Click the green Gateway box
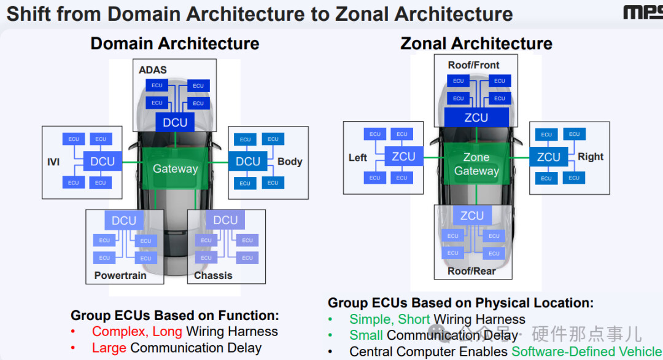click(x=176, y=168)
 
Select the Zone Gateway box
click(x=476, y=164)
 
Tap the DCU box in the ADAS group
click(x=175, y=123)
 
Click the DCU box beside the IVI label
click(x=103, y=162)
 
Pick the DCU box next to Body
click(x=248, y=162)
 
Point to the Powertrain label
click(x=120, y=275)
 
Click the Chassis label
click(x=213, y=275)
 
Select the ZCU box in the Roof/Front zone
click(x=476, y=117)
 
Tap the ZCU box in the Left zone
click(x=403, y=157)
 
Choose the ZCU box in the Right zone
click(x=548, y=157)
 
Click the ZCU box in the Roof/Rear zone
click(x=472, y=216)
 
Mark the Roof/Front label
click(x=473, y=65)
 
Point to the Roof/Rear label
click(x=471, y=271)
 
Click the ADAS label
click(x=153, y=69)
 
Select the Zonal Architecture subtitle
click(x=476, y=44)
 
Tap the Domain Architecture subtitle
click(x=175, y=44)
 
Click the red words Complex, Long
click(x=137, y=332)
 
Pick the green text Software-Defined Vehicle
click(x=587, y=351)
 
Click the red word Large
click(x=109, y=348)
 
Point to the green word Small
click(x=366, y=335)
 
